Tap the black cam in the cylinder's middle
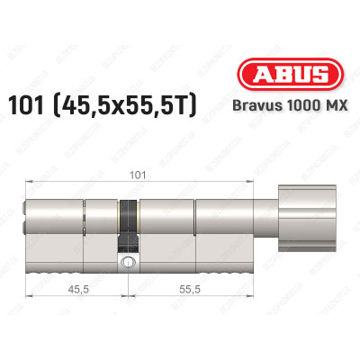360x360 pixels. (130, 211)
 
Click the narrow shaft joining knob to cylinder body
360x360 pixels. (269, 210)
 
